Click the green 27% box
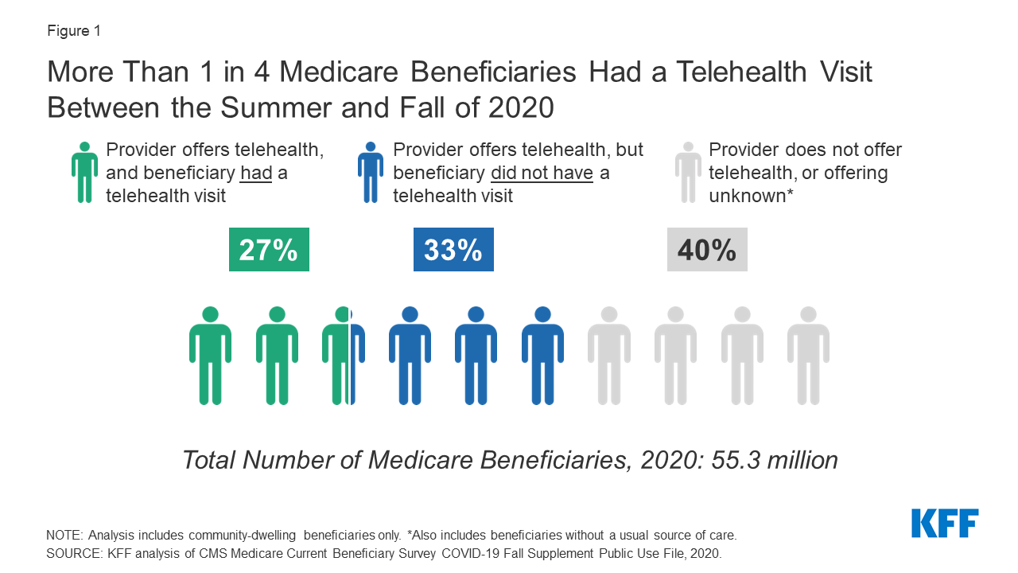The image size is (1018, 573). [x=269, y=250]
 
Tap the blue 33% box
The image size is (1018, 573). [x=453, y=250]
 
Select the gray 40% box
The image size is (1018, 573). [x=706, y=250]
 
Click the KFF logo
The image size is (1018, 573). [x=945, y=524]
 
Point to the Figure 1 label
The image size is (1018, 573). [x=74, y=31]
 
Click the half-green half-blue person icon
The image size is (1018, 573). [x=344, y=355]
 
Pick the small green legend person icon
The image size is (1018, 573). [x=84, y=172]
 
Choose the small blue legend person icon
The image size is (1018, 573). [x=371, y=172]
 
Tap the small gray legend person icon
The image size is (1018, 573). [x=688, y=172]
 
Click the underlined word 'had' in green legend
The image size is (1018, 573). [x=256, y=173]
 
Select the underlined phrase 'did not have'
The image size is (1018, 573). [x=542, y=173]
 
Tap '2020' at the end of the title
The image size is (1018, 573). [x=519, y=107]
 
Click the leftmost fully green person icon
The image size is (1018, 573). [x=210, y=355]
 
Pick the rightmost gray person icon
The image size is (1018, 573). [x=808, y=355]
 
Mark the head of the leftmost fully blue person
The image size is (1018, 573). [x=410, y=314]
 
